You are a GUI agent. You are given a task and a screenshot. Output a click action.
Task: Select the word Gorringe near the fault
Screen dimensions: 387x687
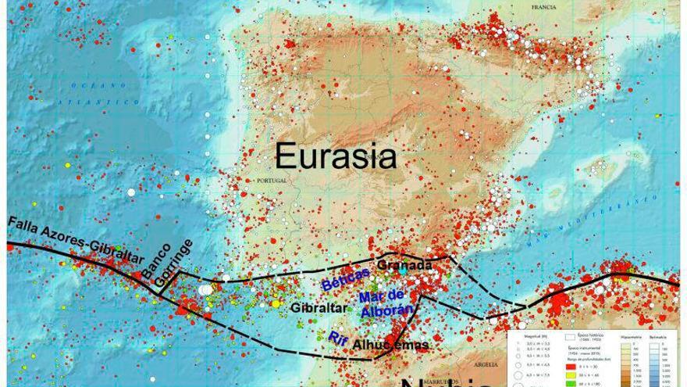pyautogui.click(x=178, y=261)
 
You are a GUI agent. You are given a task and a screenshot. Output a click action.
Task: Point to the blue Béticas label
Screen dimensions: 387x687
pyautogui.click(x=344, y=279)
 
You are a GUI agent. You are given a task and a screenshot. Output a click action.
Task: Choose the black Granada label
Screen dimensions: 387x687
pyautogui.click(x=404, y=266)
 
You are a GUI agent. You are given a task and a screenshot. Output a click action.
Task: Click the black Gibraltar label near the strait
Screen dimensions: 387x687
pyautogui.click(x=318, y=308)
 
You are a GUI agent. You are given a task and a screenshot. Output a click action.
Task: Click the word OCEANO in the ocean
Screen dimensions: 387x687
pyautogui.click(x=87, y=84)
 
